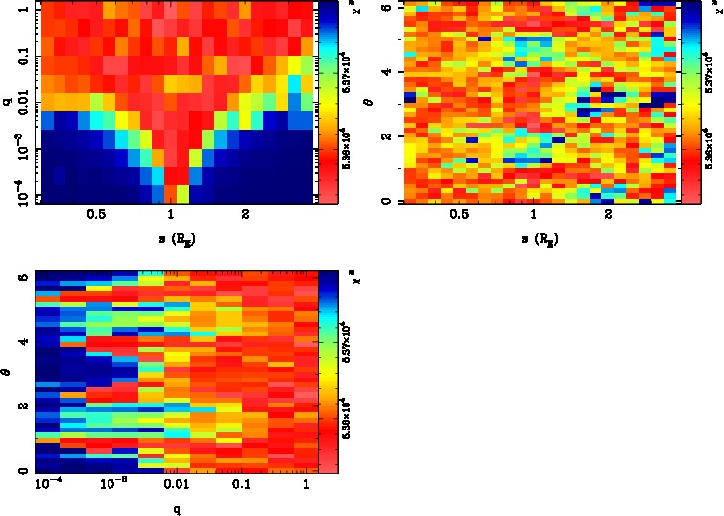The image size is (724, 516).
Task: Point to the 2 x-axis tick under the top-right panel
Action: [609, 215]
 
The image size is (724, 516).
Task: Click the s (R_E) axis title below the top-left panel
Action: [172, 238]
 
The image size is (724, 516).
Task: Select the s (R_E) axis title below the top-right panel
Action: [535, 238]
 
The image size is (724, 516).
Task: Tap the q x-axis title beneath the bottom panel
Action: [178, 509]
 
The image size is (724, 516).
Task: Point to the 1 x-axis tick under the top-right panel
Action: [535, 215]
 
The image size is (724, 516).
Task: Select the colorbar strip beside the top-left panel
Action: [327, 101]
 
